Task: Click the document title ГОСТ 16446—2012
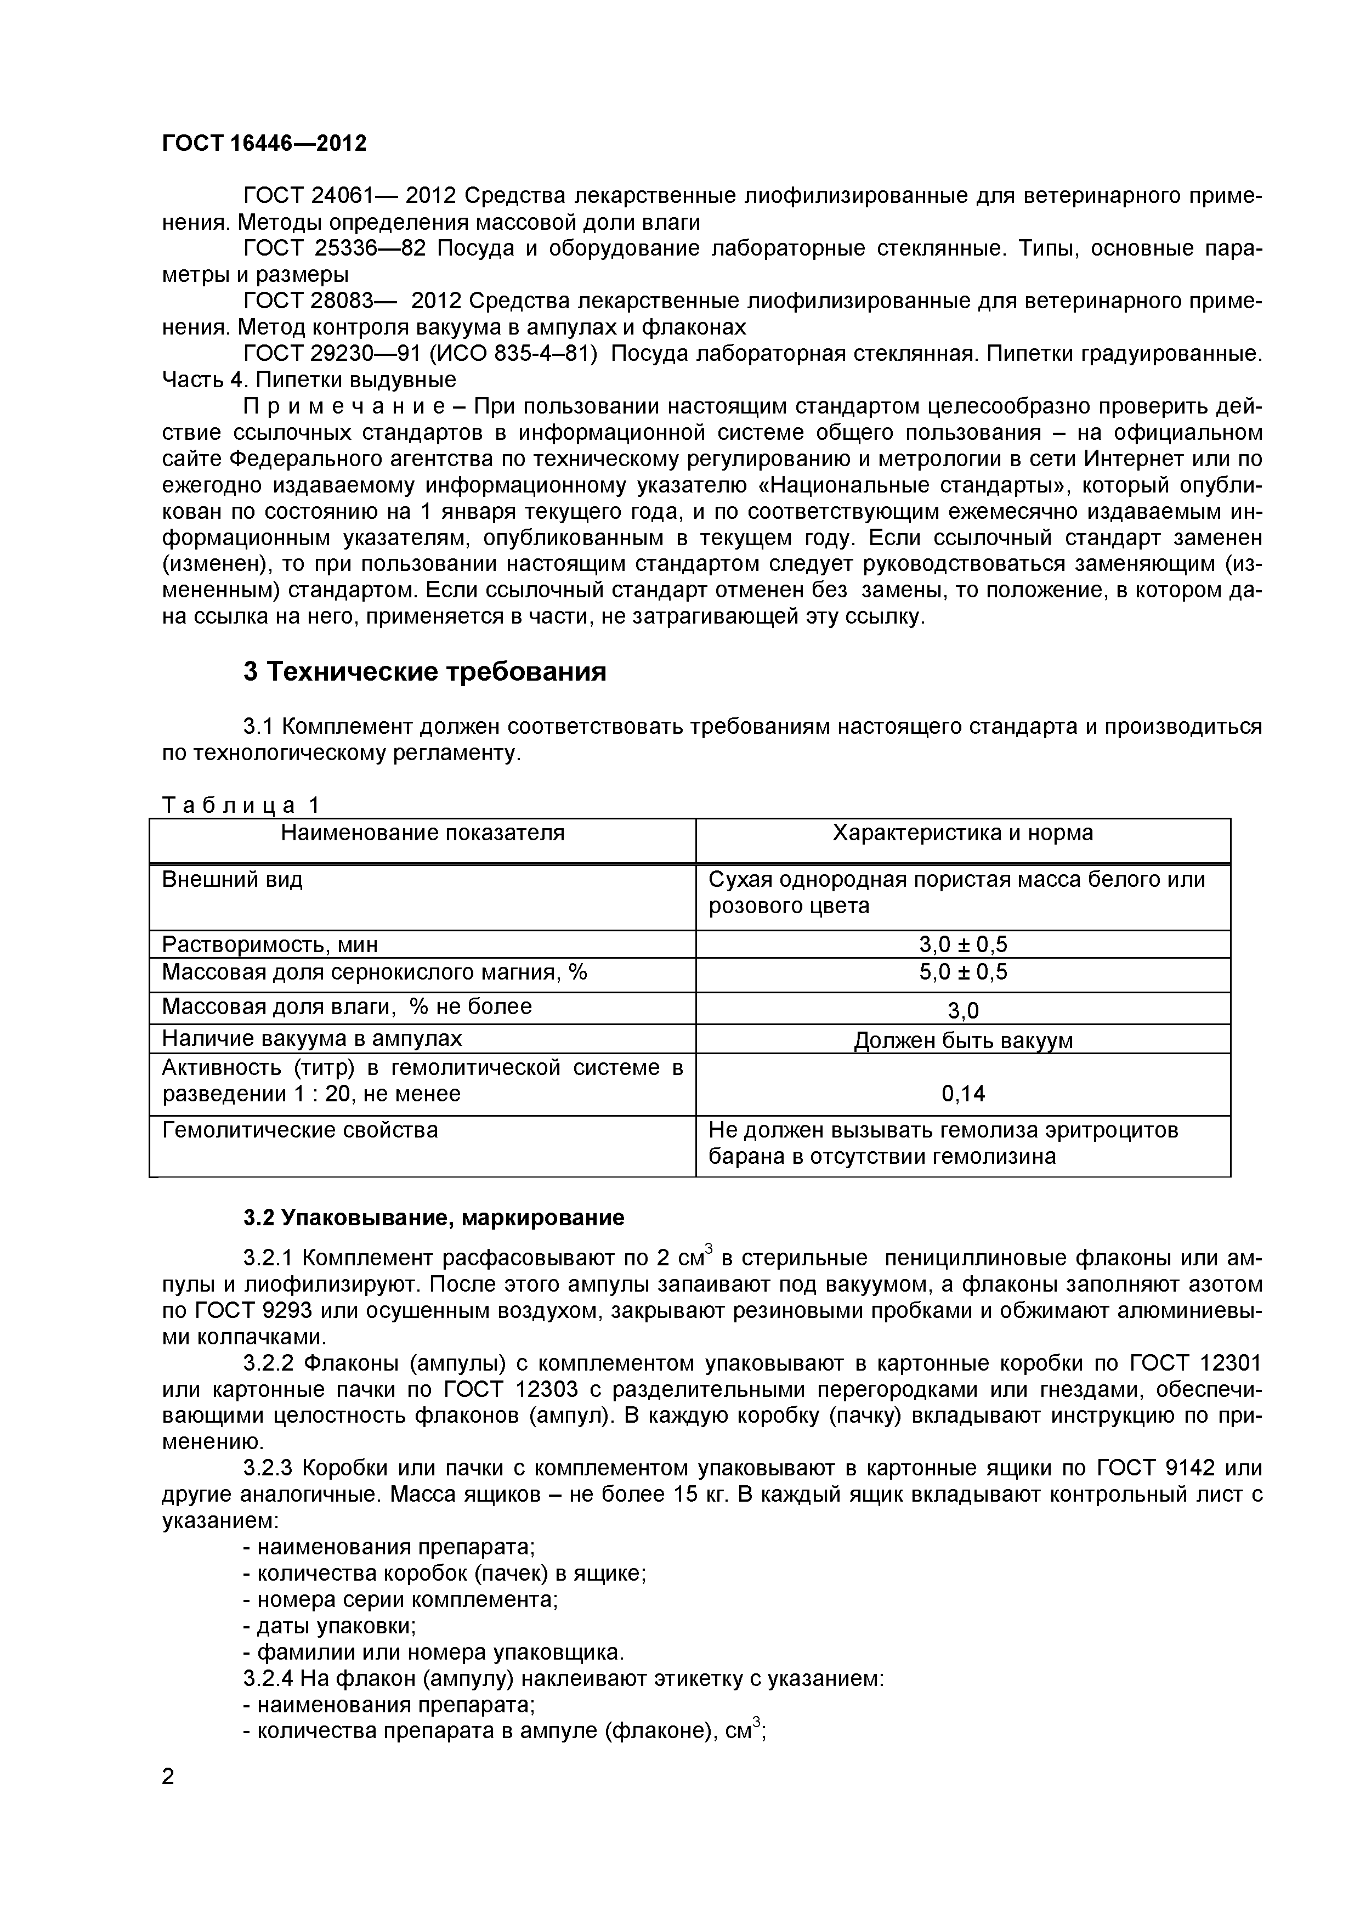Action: [264, 143]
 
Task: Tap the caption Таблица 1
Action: [241, 805]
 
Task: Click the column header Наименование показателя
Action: [422, 833]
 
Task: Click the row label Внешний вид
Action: [232, 880]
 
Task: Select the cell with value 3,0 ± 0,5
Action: [963, 945]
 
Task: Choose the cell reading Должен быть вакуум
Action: [963, 1041]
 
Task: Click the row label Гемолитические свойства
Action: [299, 1130]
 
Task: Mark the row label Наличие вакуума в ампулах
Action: [311, 1039]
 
